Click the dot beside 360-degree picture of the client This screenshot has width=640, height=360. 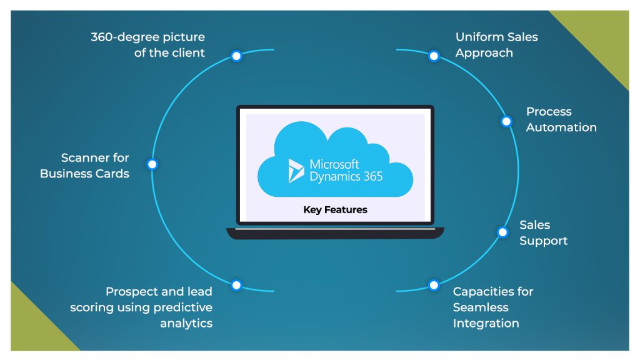[236, 56]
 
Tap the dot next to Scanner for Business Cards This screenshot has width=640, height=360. [152, 164]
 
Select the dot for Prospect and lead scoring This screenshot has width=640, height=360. [236, 285]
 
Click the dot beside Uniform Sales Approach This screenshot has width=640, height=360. [434, 56]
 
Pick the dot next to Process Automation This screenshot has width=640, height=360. [506, 121]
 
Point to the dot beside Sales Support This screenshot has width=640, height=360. [502, 232]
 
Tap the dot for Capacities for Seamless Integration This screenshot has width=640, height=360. [434, 285]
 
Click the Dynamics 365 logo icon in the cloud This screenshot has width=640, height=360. [296, 171]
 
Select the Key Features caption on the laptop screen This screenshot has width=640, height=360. [335, 210]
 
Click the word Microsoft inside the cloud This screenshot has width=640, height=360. [334, 164]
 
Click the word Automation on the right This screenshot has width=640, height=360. [561, 127]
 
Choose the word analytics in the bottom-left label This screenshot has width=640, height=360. [186, 323]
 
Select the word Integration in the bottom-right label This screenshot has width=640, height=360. [486, 323]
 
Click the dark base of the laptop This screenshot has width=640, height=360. [335, 233]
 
